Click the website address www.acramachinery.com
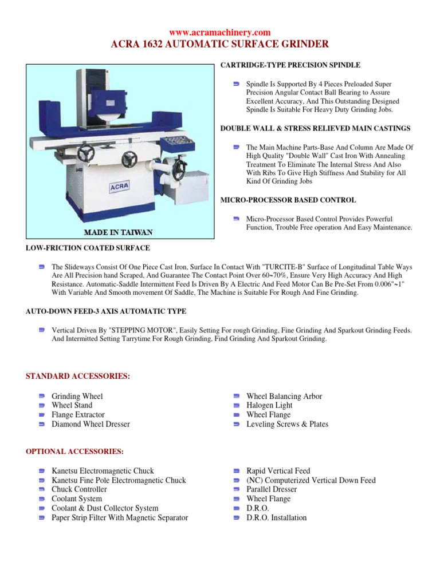tap(220, 33)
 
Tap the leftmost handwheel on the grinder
tap(87, 153)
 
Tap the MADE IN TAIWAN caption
tap(119, 232)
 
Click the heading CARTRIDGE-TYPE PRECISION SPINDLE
tap(290, 66)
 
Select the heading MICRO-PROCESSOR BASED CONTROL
tap(288, 200)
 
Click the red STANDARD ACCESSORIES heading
tap(78, 376)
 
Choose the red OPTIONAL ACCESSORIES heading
tap(74, 452)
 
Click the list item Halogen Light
tap(269, 405)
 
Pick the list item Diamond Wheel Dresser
tap(91, 424)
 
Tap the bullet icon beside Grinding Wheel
tap(42, 396)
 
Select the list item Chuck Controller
tap(79, 489)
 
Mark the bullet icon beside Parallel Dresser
tap(236, 490)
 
